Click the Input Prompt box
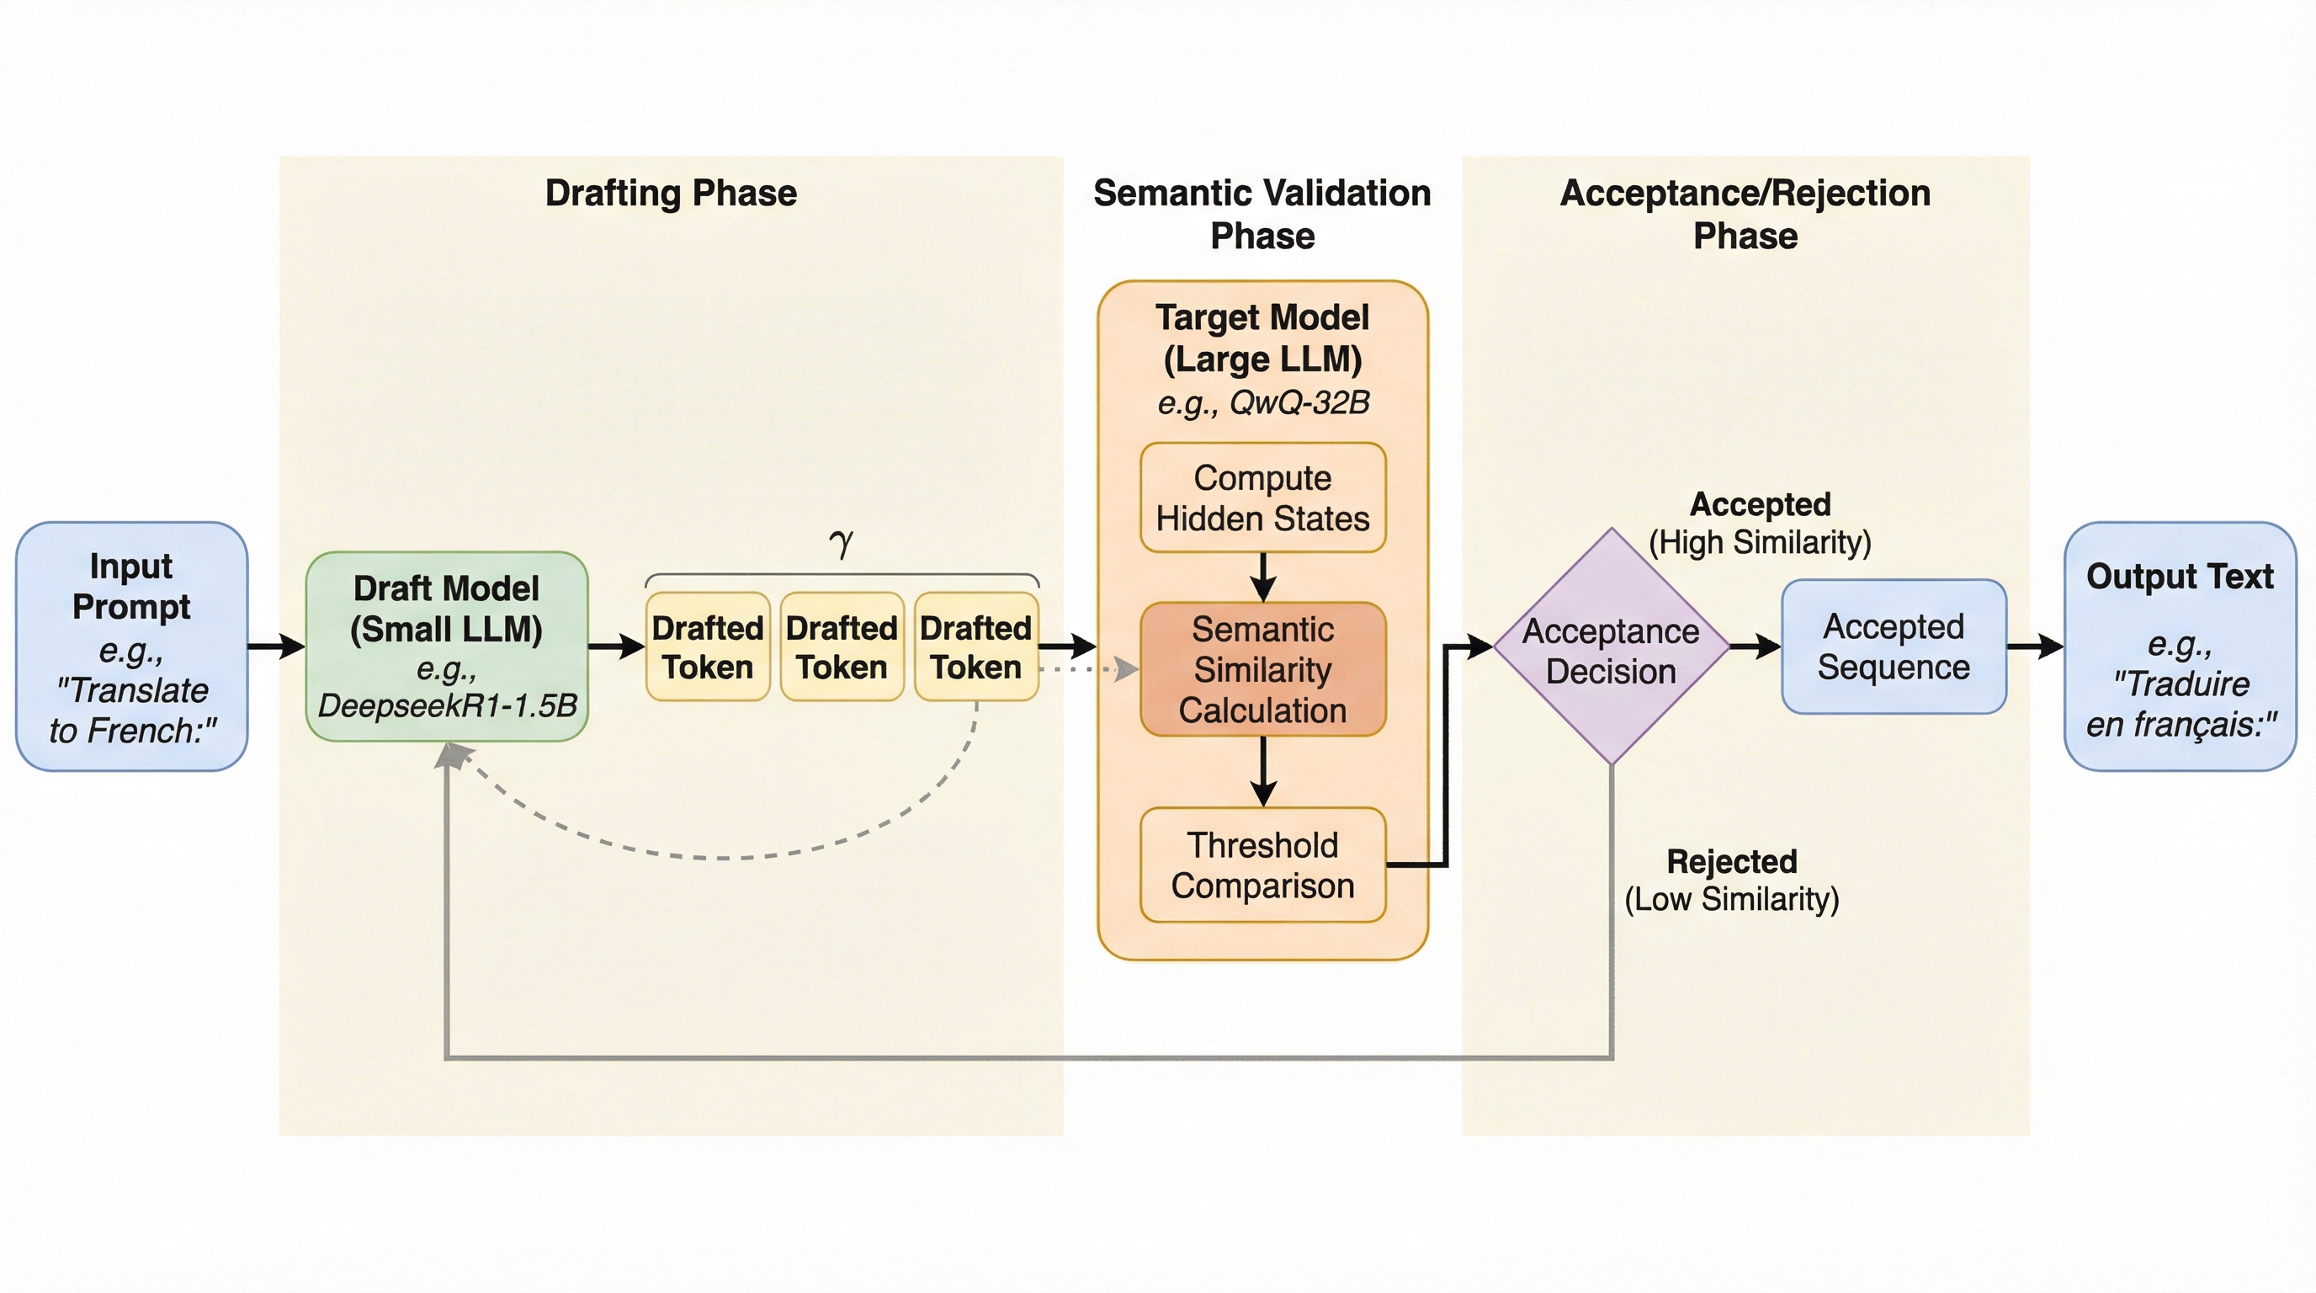(x=131, y=646)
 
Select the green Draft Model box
(x=447, y=646)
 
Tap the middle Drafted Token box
(x=842, y=646)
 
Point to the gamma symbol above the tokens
(x=842, y=542)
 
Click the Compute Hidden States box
(x=1262, y=498)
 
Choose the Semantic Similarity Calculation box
(x=1262, y=669)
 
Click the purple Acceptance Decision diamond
(x=1611, y=646)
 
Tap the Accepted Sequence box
(x=1894, y=646)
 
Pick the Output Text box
(x=2180, y=646)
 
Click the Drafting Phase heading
(x=671, y=194)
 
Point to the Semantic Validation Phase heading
(x=1262, y=214)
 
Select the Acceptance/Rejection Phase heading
(x=1745, y=214)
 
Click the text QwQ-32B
(x=1299, y=402)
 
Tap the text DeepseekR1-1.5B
(x=447, y=705)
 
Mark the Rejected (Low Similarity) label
(x=1732, y=881)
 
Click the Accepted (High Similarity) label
(x=1760, y=524)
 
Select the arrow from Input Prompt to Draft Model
(x=276, y=646)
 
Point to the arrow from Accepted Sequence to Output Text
(x=2035, y=646)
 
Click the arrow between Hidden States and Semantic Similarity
(x=1263, y=577)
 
